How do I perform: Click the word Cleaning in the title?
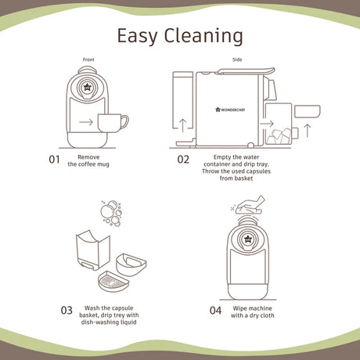(x=203, y=36)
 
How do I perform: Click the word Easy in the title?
(x=137, y=37)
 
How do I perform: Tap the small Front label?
(x=88, y=59)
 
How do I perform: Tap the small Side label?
(x=237, y=59)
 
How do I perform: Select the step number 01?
(x=54, y=159)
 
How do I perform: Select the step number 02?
(x=183, y=159)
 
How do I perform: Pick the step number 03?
(x=67, y=310)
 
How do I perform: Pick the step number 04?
(x=215, y=311)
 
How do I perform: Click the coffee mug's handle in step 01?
(x=125, y=122)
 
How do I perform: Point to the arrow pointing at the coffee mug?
(x=86, y=122)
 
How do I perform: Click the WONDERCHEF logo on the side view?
(x=230, y=110)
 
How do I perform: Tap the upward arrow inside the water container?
(x=183, y=125)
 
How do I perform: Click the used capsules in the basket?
(x=279, y=136)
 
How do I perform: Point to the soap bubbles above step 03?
(x=111, y=213)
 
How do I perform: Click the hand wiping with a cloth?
(x=250, y=205)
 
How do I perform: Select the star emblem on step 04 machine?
(x=247, y=239)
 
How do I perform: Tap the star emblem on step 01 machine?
(x=87, y=87)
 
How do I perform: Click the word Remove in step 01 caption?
(x=88, y=157)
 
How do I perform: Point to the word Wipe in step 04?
(x=239, y=308)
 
